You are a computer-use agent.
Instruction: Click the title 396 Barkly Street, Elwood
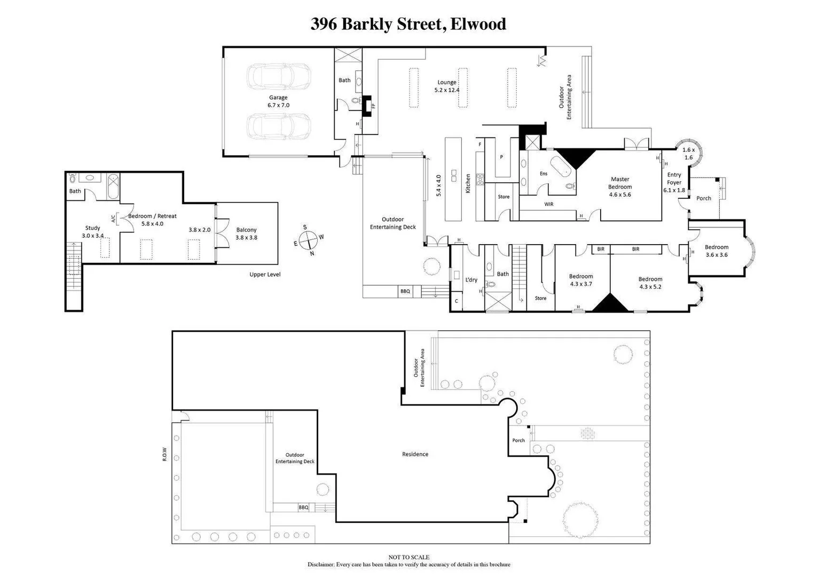(x=408, y=24)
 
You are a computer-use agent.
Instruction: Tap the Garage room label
(x=278, y=98)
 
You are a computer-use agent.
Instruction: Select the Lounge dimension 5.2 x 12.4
(x=447, y=90)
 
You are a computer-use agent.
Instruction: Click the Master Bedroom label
(x=620, y=183)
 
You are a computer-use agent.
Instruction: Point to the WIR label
(x=549, y=204)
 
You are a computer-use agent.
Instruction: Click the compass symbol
(x=309, y=240)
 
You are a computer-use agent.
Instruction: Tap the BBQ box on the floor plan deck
(x=405, y=291)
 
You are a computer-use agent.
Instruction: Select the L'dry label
(x=471, y=280)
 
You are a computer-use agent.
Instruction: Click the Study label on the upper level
(x=92, y=228)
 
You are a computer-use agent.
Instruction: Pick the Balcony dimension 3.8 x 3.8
(x=247, y=238)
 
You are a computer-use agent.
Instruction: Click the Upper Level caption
(x=265, y=275)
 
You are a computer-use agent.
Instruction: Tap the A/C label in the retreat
(x=113, y=219)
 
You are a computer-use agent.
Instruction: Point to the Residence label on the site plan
(x=415, y=454)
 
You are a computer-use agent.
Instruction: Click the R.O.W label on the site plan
(x=164, y=454)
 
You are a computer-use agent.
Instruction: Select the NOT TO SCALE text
(x=408, y=557)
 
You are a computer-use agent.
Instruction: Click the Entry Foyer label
(x=674, y=178)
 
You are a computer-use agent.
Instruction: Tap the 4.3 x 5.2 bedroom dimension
(x=650, y=287)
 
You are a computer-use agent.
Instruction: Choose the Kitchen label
(x=468, y=183)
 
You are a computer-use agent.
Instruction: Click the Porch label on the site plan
(x=518, y=440)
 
